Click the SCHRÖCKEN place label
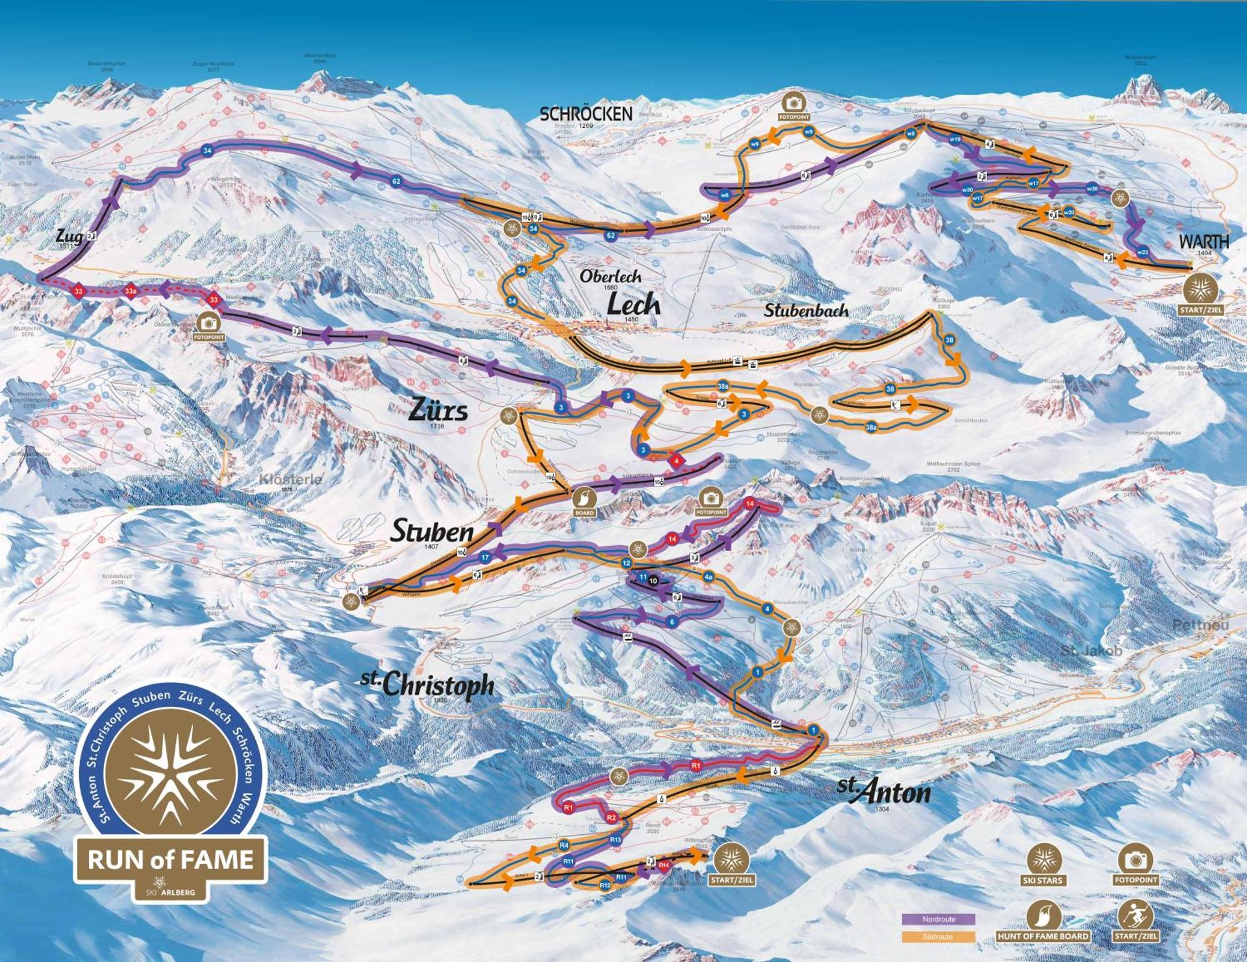(x=586, y=114)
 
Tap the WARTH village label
(x=1203, y=241)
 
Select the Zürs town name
(x=438, y=410)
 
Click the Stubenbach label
(x=805, y=311)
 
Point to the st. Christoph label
(x=427, y=684)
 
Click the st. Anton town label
(x=884, y=791)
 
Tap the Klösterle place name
(x=290, y=480)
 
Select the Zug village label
(x=69, y=236)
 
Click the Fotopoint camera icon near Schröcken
(x=794, y=103)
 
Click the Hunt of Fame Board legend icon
(x=1043, y=916)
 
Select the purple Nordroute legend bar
(x=938, y=919)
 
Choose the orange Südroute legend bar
(x=938, y=937)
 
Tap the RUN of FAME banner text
(x=171, y=859)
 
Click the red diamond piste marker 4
(x=677, y=461)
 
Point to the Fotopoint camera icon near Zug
(x=208, y=323)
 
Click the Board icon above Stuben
(x=584, y=499)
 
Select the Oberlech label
(x=610, y=276)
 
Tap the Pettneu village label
(x=1201, y=624)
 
